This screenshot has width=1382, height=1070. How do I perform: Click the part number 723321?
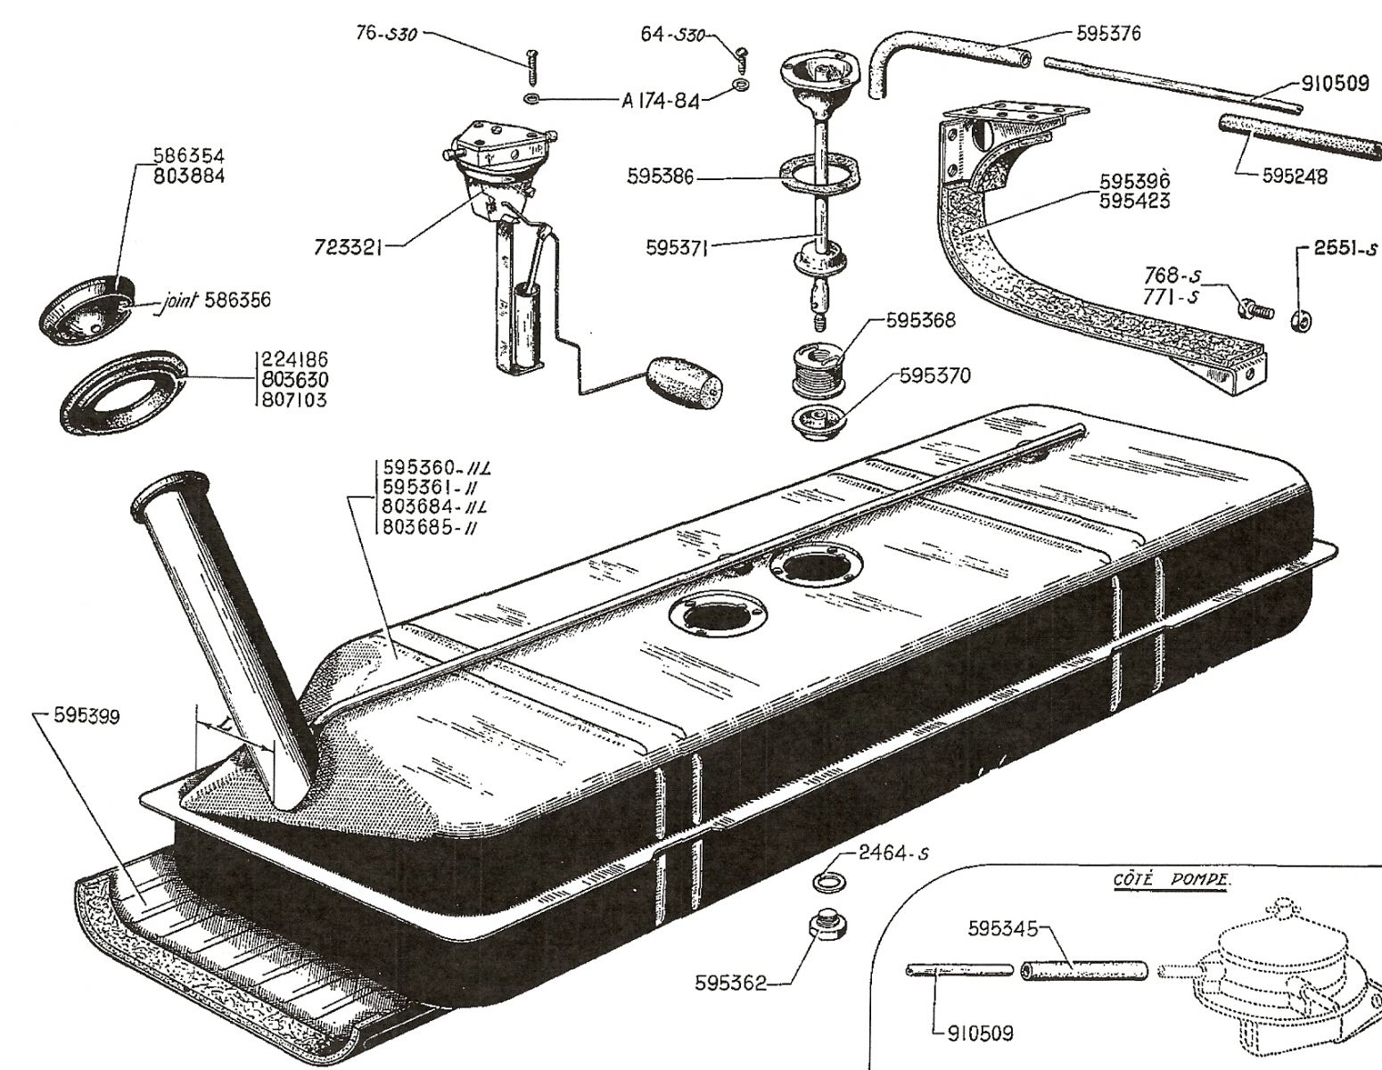pos(348,247)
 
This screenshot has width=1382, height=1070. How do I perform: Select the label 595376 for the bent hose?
pos(1108,34)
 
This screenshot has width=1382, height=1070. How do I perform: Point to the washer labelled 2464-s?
pos(826,882)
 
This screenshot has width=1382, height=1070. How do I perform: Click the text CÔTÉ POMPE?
pos(1171,880)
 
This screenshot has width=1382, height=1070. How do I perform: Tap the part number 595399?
pos(87,717)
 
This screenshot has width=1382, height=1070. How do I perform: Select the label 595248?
pos(1296,176)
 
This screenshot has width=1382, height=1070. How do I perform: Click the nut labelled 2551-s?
pos(1301,318)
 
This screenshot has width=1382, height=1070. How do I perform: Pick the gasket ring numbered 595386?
pos(817,177)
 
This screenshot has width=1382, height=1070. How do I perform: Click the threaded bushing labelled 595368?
pos(818,368)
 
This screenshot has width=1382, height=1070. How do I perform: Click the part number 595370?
pos(935,376)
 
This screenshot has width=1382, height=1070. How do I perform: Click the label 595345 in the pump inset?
pos(1003,928)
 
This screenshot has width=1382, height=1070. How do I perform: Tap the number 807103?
pos(293,400)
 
